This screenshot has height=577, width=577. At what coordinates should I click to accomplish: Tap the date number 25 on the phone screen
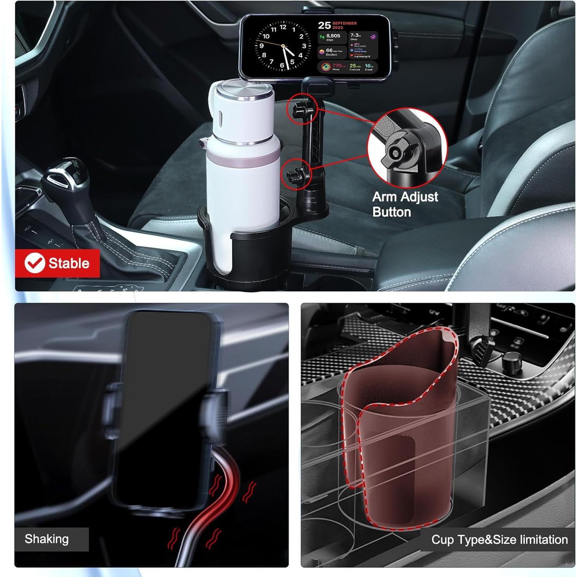tap(324, 25)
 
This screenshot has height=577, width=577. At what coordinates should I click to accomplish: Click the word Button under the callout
tap(392, 212)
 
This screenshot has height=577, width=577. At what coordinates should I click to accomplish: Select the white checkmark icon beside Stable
tap(34, 263)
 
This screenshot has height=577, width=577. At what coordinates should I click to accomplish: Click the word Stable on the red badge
tap(69, 263)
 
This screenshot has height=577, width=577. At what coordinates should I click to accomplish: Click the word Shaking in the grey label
tap(47, 539)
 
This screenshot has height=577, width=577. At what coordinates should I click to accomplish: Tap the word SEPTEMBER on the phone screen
tap(344, 23)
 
